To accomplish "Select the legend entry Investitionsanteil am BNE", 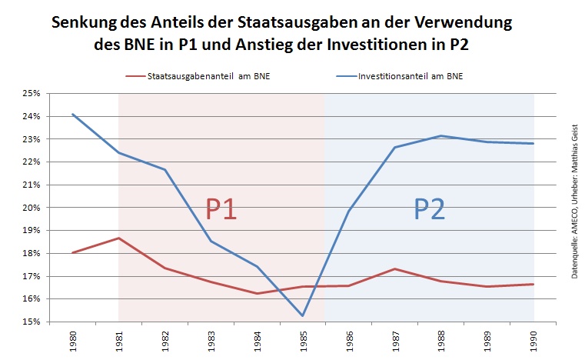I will (402, 75).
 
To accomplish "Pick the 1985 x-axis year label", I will (303, 342).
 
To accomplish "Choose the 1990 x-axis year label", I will (533, 342).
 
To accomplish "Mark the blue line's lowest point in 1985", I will (303, 315).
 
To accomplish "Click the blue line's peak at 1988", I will (441, 136).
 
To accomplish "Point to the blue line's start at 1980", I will (72, 114).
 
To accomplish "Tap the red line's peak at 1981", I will (118, 238).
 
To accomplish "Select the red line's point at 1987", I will (395, 268).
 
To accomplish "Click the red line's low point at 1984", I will (257, 293).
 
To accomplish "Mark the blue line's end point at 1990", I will (533, 143).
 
